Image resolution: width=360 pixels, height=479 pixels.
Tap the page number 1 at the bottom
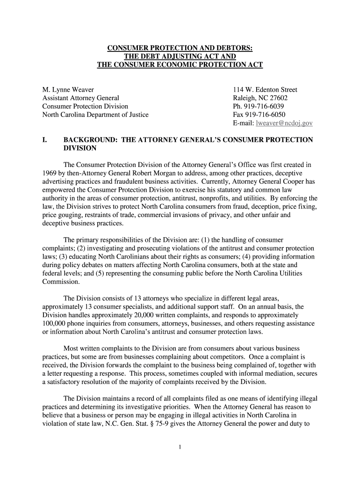pos(180,447)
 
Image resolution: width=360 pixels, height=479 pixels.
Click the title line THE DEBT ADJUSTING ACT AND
pos(180,57)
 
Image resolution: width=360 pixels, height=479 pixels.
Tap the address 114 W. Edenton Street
pos(265,90)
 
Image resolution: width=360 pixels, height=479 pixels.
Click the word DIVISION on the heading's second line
pos(80,148)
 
